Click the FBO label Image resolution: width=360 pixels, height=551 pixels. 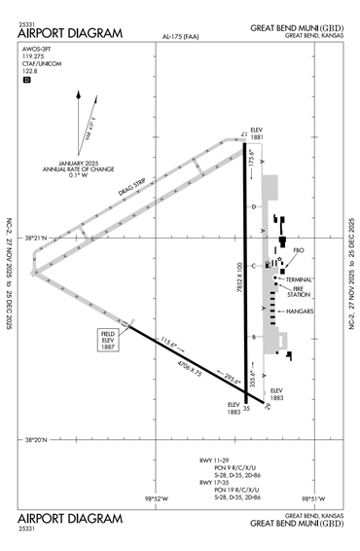[x=299, y=250]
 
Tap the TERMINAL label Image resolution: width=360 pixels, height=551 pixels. [x=301, y=279]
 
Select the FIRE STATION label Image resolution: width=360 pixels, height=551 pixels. [x=301, y=291]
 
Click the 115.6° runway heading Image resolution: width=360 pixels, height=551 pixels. [x=171, y=343]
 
